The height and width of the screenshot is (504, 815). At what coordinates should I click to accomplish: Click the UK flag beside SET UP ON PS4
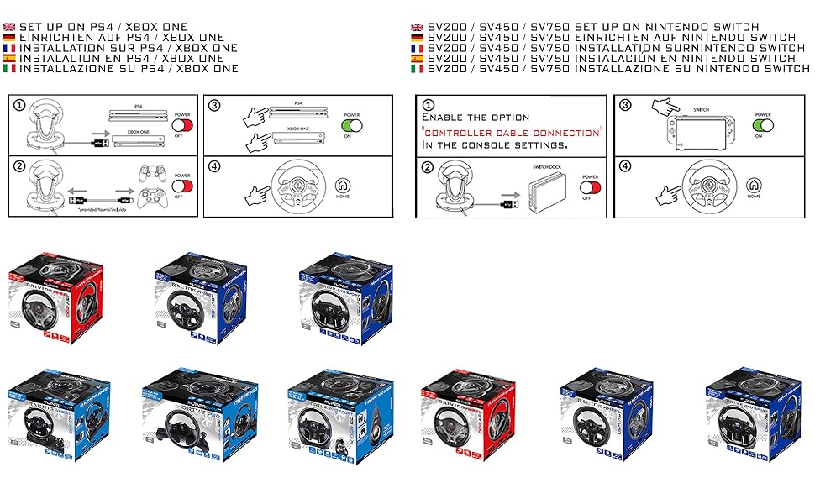tap(10, 27)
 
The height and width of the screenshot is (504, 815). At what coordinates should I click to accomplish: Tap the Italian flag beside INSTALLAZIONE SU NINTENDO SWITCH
tap(417, 68)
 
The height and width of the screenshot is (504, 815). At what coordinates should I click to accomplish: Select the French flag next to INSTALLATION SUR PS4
tap(10, 48)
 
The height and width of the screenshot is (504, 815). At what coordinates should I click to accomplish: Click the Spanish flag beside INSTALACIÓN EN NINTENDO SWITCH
tap(417, 58)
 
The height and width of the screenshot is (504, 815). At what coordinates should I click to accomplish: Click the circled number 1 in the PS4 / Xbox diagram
tap(20, 106)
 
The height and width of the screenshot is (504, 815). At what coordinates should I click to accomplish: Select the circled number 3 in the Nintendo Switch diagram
tap(625, 104)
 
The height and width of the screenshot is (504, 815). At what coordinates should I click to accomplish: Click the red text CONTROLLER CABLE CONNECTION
tap(512, 132)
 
